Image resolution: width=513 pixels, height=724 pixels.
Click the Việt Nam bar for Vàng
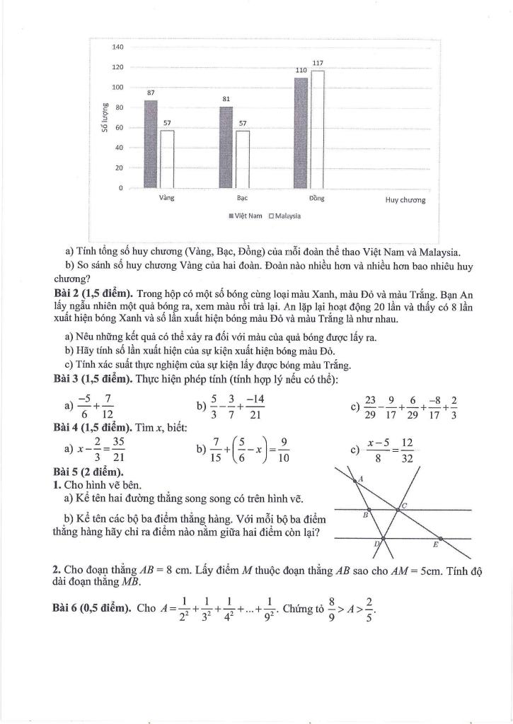click(151, 144)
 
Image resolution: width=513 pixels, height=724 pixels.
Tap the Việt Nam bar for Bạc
click(226, 147)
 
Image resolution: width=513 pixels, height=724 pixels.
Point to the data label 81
click(226, 100)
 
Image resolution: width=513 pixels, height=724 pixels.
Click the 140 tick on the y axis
click(118, 47)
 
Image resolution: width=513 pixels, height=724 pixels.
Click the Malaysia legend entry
click(284, 216)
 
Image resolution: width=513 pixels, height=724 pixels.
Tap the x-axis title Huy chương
click(405, 200)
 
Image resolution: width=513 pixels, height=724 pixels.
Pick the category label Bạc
click(242, 199)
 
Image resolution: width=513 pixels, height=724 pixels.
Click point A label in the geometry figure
click(361, 479)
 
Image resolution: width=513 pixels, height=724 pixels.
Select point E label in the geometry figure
click(435, 545)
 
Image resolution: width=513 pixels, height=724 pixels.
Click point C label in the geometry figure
click(404, 506)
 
